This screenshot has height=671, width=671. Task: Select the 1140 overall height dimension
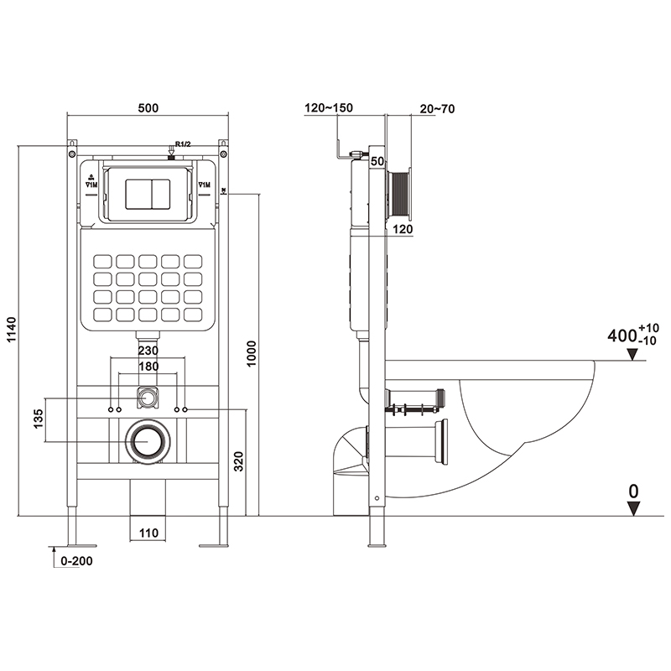pyautogui.click(x=9, y=330)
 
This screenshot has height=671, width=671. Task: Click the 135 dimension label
pyautogui.click(x=37, y=419)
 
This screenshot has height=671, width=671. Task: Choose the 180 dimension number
pyautogui.click(x=148, y=367)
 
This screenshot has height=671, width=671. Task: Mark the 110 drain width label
pyautogui.click(x=148, y=532)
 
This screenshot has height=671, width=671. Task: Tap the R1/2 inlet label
pyautogui.click(x=184, y=144)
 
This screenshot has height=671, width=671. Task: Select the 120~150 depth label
pyautogui.click(x=329, y=107)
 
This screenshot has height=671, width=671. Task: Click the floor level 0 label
pyautogui.click(x=634, y=491)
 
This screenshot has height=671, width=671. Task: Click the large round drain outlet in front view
pyautogui.click(x=148, y=440)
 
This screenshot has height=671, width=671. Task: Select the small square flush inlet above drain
pyautogui.click(x=148, y=394)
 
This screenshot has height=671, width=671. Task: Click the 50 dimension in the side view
pyautogui.click(x=377, y=161)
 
